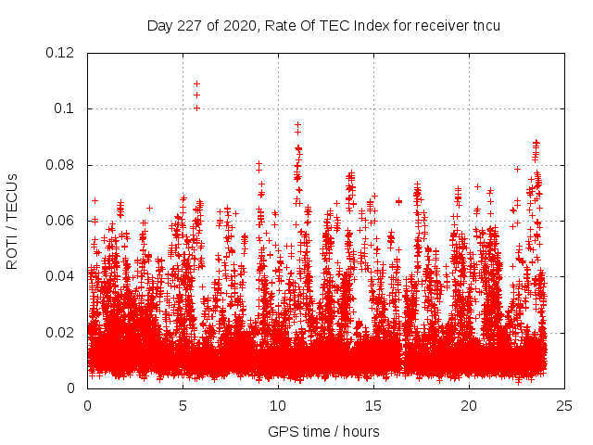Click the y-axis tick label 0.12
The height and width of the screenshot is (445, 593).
click(60, 53)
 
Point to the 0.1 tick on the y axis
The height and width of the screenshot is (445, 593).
click(68, 108)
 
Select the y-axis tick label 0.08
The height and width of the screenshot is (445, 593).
click(60, 165)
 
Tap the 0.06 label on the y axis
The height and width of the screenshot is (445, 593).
click(60, 221)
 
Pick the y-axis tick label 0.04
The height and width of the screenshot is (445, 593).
click(60, 276)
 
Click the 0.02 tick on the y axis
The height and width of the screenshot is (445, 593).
click(60, 332)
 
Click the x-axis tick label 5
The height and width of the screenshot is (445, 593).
click(183, 405)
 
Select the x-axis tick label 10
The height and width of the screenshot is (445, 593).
click(278, 405)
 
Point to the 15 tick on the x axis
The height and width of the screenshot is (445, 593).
click(373, 405)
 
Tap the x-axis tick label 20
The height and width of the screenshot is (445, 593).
click(469, 405)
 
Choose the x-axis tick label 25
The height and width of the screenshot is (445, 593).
click(564, 405)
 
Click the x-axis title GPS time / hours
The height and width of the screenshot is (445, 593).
click(325, 431)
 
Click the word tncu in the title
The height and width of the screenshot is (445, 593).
click(485, 25)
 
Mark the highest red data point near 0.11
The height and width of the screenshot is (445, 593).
click(196, 84)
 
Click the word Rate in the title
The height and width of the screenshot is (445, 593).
click(279, 25)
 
